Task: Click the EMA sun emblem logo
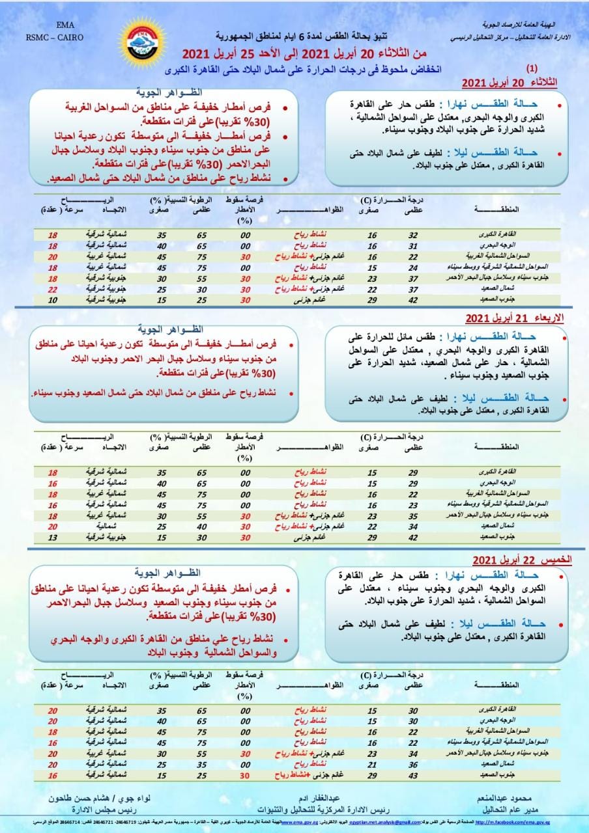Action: pyautogui.click(x=141, y=42)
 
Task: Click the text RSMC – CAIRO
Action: pyautogui.click(x=55, y=38)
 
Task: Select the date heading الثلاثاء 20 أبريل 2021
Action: pyautogui.click(x=510, y=83)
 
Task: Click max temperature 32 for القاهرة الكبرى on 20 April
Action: pyautogui.click(x=412, y=235)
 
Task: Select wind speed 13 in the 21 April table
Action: pyautogui.click(x=53, y=538)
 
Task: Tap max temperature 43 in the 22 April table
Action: pyautogui.click(x=412, y=775)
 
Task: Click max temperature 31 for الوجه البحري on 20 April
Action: pyautogui.click(x=412, y=246)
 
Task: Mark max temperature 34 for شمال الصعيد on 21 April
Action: pyautogui.click(x=412, y=526)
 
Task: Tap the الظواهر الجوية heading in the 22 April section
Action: pyautogui.click(x=166, y=572)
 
